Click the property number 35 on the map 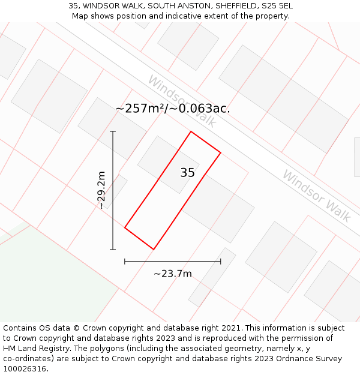click(x=187, y=173)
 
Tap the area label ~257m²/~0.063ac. click(x=173, y=109)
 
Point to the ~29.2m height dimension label click(x=101, y=190)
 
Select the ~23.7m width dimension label click(x=173, y=274)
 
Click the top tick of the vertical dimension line click(x=113, y=131)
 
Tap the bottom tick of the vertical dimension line click(x=113, y=249)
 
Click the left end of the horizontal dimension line click(x=125, y=262)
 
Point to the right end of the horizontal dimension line click(x=221, y=262)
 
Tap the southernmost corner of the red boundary click(x=154, y=249)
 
